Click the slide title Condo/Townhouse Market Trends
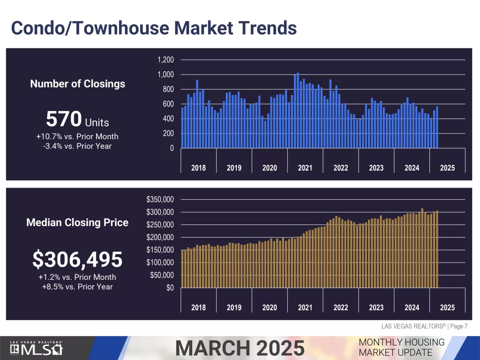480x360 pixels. (154, 28)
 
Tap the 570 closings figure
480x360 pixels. (64, 120)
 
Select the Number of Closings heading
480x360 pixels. (78, 84)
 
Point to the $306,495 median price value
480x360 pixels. (77, 259)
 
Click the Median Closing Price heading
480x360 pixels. (77, 223)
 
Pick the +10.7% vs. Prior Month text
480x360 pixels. (77, 137)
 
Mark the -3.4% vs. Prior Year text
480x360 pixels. (77, 146)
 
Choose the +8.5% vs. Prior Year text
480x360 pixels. (77, 286)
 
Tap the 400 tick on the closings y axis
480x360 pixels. (168, 119)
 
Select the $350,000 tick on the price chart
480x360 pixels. (160, 200)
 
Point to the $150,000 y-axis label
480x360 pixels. (160, 250)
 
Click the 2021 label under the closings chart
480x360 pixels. (305, 168)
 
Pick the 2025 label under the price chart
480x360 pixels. (447, 307)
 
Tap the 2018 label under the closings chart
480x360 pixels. (198, 168)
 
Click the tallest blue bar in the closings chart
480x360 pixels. (298, 111)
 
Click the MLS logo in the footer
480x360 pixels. (37, 349)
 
